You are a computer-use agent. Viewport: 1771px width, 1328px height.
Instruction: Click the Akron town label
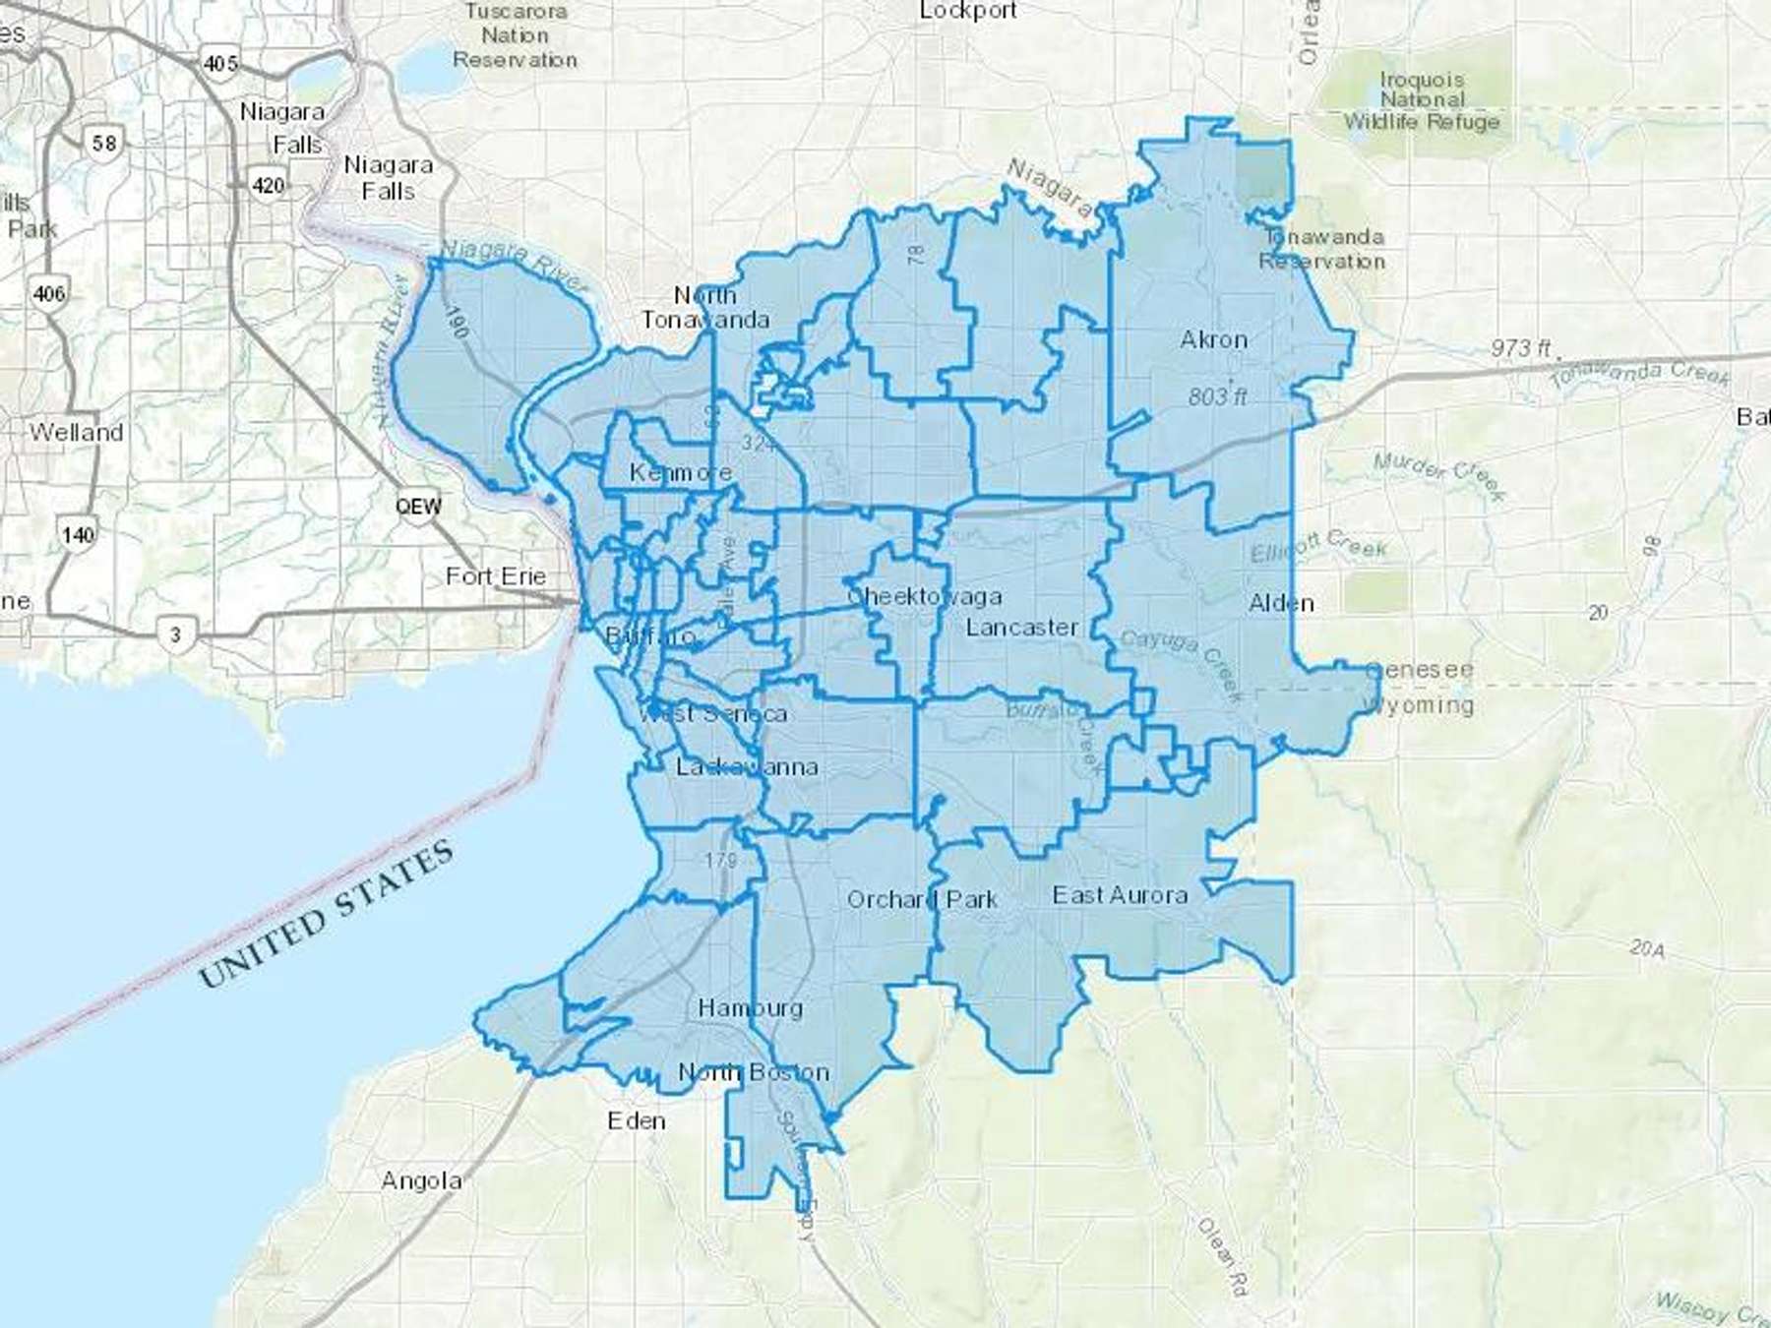click(1213, 339)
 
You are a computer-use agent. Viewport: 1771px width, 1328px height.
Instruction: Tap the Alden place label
click(1280, 603)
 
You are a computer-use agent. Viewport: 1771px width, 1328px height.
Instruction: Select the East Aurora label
click(1120, 894)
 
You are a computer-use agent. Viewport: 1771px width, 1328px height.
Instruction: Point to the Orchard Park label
click(922, 899)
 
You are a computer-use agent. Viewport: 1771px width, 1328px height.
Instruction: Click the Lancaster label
click(1021, 627)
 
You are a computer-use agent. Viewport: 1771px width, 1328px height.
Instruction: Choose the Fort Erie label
click(495, 575)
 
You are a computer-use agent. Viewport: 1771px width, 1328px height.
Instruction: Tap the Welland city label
click(76, 432)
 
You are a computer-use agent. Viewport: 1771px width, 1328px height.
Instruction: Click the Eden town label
click(636, 1120)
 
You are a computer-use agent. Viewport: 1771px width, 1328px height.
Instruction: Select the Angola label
click(421, 1179)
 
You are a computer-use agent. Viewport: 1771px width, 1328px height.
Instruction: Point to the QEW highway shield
click(418, 507)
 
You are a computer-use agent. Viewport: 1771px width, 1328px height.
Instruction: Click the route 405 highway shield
click(219, 63)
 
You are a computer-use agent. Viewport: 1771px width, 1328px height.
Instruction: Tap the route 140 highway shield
click(78, 534)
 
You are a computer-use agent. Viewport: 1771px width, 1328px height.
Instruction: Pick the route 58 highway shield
click(103, 143)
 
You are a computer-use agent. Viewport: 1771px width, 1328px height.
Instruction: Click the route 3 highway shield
click(175, 634)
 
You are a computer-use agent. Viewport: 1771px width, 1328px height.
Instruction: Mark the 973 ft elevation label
click(1520, 347)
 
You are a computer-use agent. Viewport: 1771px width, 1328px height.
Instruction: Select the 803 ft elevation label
click(1217, 396)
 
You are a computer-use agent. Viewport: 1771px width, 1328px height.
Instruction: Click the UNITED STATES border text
click(327, 914)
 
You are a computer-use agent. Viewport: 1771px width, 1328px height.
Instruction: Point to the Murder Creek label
click(1438, 475)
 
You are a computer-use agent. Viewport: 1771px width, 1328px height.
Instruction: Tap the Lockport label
click(967, 11)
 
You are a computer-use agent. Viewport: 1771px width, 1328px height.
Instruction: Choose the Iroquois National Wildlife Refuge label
click(1422, 100)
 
